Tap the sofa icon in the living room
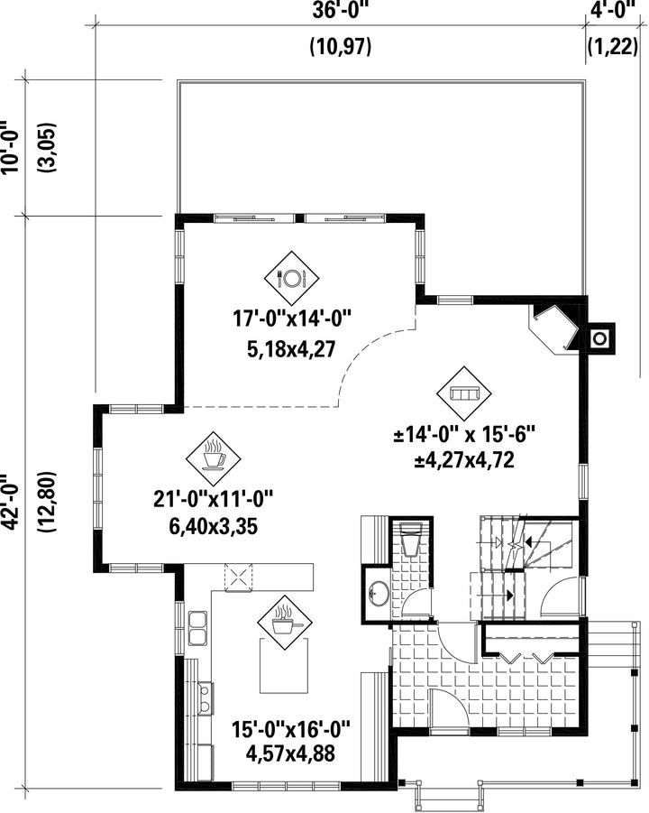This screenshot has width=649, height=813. pyautogui.click(x=463, y=394)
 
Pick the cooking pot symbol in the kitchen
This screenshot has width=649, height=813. pyautogui.click(x=286, y=621)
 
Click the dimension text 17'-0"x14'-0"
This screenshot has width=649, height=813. pyautogui.click(x=292, y=319)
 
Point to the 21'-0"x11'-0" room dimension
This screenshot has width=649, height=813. pyautogui.click(x=213, y=501)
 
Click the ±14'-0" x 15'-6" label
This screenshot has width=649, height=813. pyautogui.click(x=463, y=435)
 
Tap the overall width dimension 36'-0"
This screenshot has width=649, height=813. pyautogui.click(x=341, y=10)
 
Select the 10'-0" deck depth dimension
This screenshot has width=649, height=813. pyautogui.click(x=10, y=147)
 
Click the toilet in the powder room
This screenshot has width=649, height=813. pyautogui.click(x=412, y=540)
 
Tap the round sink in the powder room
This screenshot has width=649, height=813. pyautogui.click(x=379, y=594)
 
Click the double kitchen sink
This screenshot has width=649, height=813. pyautogui.click(x=197, y=628)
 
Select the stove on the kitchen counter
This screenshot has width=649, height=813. pyautogui.click(x=205, y=698)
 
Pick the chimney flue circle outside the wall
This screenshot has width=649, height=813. pyautogui.click(x=599, y=338)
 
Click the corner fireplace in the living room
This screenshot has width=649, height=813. pyautogui.click(x=554, y=329)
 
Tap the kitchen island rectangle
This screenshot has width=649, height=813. pyautogui.click(x=283, y=666)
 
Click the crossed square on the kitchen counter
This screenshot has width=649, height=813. pyautogui.click(x=238, y=577)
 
